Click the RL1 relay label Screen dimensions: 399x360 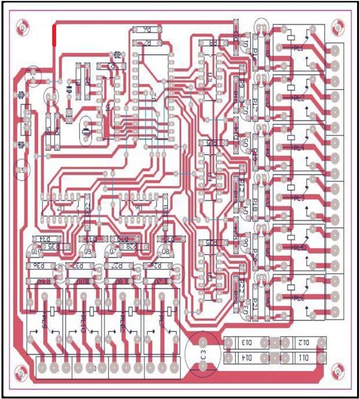[298, 47]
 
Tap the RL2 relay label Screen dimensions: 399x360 [298, 97]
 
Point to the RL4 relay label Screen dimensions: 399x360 [298, 148]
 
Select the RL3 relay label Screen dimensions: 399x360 [298, 198]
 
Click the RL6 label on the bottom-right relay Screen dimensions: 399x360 [298, 298]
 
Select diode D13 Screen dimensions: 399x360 [246, 343]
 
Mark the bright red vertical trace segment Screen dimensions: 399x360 [54, 35]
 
